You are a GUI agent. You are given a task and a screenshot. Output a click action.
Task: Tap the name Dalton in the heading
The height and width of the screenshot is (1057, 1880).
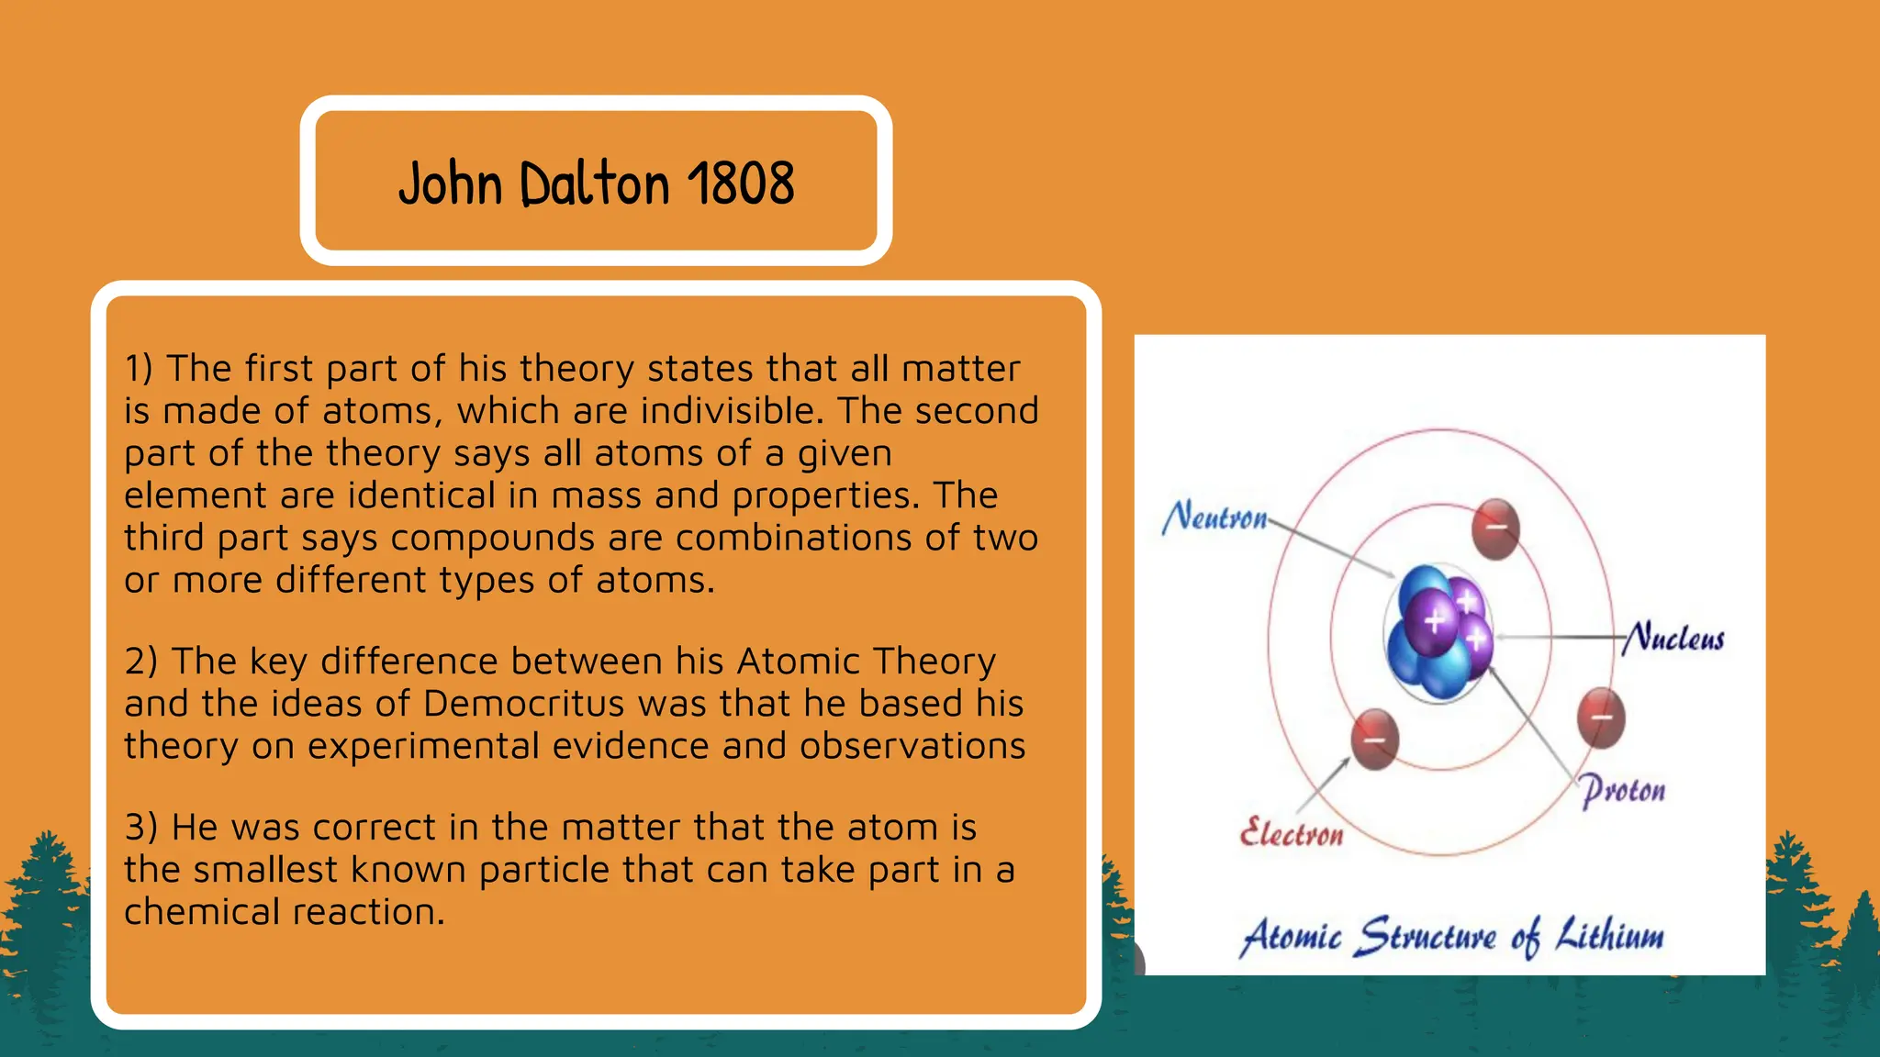tap(595, 184)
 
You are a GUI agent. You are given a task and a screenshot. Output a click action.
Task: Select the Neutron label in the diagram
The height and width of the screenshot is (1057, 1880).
tap(1214, 517)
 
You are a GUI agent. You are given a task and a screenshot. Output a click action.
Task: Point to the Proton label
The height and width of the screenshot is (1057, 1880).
tap(1623, 791)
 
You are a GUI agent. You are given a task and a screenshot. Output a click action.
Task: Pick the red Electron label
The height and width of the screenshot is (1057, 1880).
tap(1292, 833)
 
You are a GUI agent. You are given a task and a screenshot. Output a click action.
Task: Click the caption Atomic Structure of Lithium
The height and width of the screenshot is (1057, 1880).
tap(1451, 937)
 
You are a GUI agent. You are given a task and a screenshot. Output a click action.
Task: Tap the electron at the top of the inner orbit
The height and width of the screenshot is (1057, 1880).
tap(1495, 528)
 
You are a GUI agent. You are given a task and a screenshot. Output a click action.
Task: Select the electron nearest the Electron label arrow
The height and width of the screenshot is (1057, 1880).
tap(1374, 739)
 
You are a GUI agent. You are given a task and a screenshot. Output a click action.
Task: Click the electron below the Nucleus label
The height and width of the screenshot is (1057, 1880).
tap(1601, 718)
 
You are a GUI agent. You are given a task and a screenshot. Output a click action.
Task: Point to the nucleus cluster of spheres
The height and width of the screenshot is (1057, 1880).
tap(1438, 634)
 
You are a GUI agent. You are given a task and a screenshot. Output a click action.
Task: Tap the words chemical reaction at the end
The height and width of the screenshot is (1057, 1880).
tap(284, 912)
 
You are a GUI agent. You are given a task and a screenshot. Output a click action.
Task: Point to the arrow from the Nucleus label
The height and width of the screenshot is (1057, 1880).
tap(1561, 636)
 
